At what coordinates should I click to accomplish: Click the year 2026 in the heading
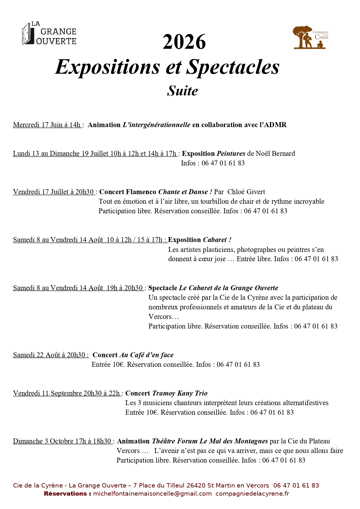pos(184,42)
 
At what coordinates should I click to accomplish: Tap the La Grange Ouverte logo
pos(49,34)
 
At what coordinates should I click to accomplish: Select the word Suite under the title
pos(182,91)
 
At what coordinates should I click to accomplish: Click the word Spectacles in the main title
pos(233,67)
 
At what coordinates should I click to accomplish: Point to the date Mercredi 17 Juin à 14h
pos(47,125)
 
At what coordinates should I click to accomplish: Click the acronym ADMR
pos(275,125)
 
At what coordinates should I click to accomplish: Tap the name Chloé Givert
pos(246,192)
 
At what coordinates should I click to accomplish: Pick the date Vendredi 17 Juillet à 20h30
pos(54,192)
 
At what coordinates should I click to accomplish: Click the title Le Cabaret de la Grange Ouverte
pos(229,288)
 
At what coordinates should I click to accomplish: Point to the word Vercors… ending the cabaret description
pos(163,317)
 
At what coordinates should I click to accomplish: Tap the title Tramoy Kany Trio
pos(180,393)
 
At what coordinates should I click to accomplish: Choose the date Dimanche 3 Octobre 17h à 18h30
pos(62,441)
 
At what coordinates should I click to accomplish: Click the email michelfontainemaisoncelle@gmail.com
pos(152,494)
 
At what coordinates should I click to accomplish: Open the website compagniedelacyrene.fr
pos(252,494)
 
